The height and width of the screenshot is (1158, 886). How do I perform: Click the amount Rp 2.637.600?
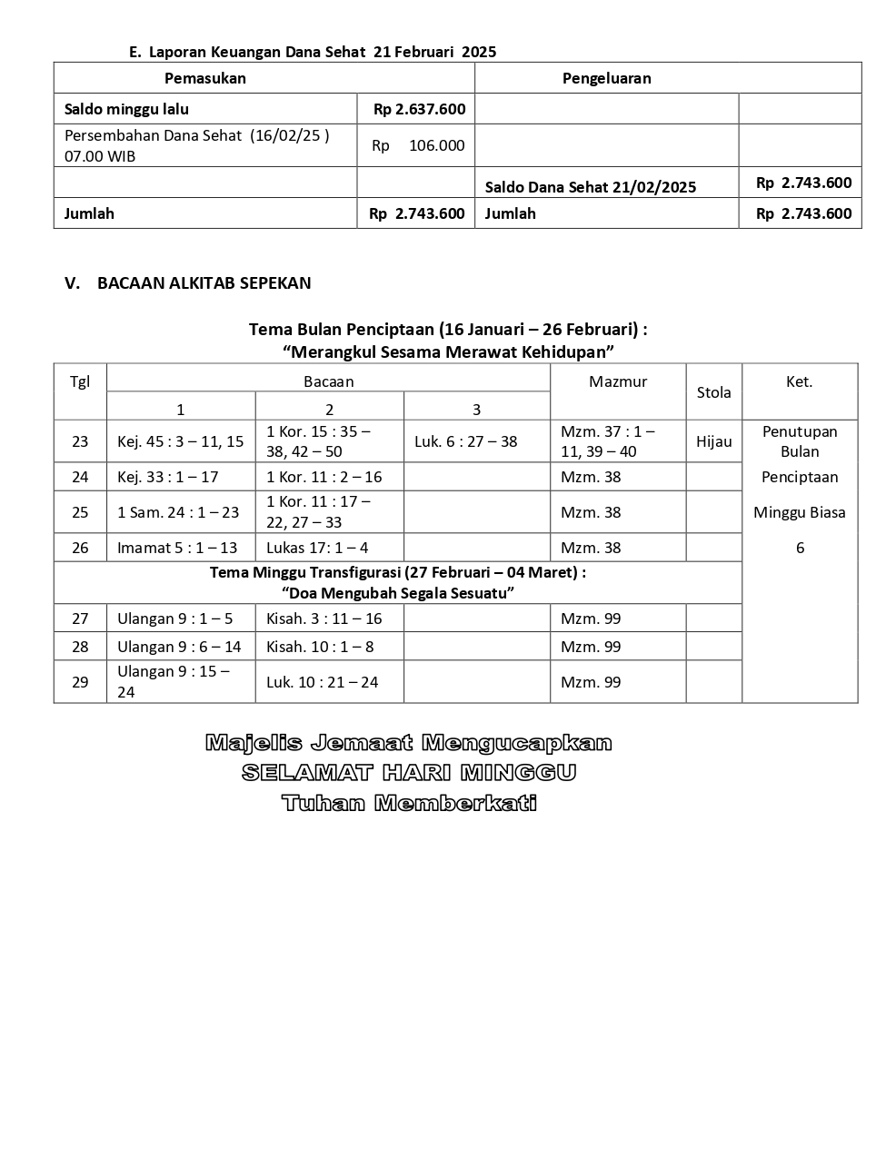(x=419, y=109)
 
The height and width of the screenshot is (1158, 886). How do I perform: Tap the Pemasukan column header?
(x=205, y=78)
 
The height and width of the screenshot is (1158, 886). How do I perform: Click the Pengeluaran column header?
(x=606, y=78)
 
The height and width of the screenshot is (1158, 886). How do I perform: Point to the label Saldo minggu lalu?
(x=126, y=109)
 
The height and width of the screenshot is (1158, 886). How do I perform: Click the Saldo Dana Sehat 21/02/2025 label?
(x=591, y=187)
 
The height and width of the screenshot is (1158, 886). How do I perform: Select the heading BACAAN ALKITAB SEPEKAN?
(x=204, y=282)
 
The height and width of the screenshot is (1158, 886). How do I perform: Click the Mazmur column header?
(x=618, y=381)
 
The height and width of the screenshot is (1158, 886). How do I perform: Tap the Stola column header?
(x=713, y=392)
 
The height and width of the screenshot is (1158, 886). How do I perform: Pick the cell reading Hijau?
(x=713, y=441)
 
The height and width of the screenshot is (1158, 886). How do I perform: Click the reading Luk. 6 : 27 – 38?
(x=465, y=441)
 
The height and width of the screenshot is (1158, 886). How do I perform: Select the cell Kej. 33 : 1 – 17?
(x=168, y=477)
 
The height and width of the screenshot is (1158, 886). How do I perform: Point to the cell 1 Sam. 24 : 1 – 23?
(x=178, y=512)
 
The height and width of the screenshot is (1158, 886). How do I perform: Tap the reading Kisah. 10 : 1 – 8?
(x=320, y=647)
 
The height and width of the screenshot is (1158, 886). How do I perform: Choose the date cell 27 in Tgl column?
(x=80, y=619)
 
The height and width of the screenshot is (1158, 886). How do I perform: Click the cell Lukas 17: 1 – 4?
(x=317, y=548)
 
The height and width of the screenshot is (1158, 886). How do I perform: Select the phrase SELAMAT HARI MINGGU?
(x=409, y=773)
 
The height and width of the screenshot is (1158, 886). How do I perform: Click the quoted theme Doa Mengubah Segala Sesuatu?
(x=398, y=593)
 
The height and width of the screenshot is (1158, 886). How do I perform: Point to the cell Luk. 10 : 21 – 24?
(x=322, y=682)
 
